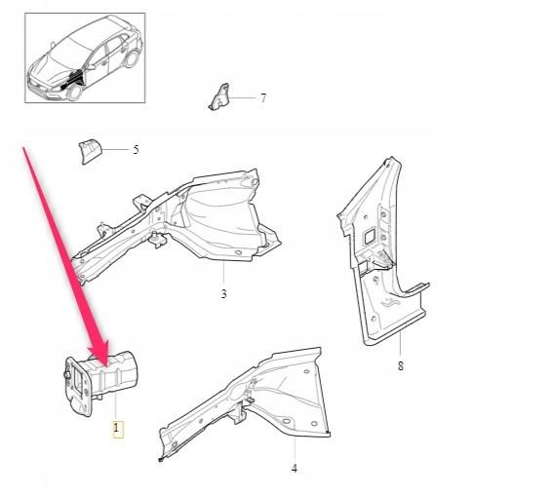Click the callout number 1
116,429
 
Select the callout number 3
223,293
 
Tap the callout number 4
295,468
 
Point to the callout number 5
136,150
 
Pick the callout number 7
263,97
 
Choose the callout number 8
400,365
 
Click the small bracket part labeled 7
219,97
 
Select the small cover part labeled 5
90,151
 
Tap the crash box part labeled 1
100,382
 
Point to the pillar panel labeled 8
383,250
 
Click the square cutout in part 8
370,236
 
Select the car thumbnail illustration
85,57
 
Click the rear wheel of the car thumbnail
132,58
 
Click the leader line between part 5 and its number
116,150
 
